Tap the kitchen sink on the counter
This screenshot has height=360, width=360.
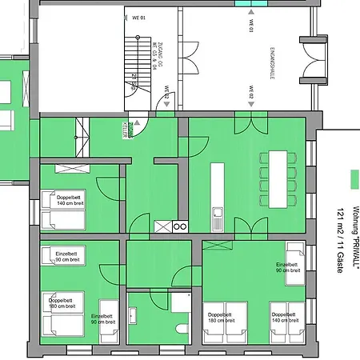pyautogui.click(x=217, y=214)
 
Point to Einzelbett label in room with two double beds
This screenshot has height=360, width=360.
pyautogui.click(x=287, y=267)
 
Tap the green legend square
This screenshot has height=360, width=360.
pyautogui.click(x=354, y=177)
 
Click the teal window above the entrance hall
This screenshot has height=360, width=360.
pyautogui.click(x=251, y=3)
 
